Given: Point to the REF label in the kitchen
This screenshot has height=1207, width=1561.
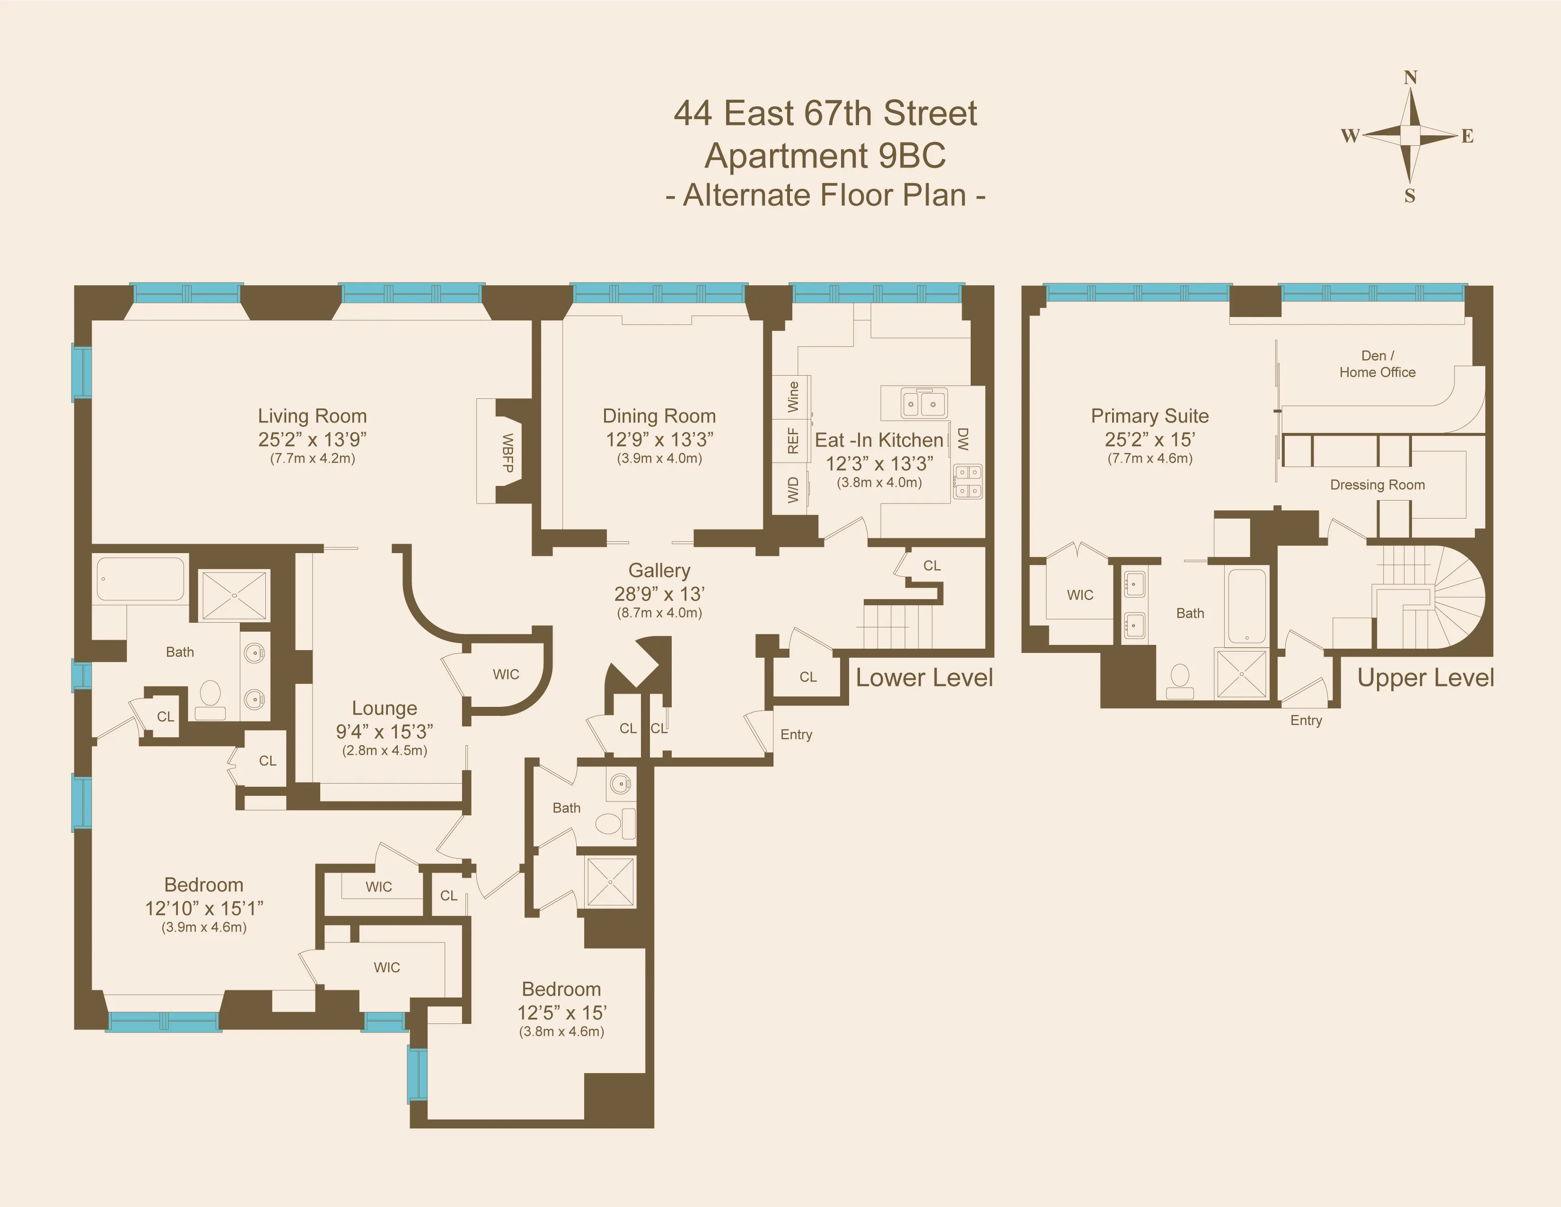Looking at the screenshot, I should (x=793, y=441).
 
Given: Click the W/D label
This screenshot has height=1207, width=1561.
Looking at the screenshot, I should (x=793, y=490).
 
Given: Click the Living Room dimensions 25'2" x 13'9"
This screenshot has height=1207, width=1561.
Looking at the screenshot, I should (x=312, y=439).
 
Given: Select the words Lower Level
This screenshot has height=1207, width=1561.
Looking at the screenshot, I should (x=924, y=677).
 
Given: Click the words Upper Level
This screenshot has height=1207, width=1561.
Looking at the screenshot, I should (x=1425, y=677).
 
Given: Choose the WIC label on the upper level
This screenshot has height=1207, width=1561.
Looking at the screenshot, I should (x=1079, y=595).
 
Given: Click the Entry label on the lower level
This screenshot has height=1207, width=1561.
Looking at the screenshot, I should (x=796, y=734).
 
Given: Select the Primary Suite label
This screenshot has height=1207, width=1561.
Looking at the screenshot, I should (x=1149, y=416).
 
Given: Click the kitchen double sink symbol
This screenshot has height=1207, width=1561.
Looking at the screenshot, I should (x=923, y=403).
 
